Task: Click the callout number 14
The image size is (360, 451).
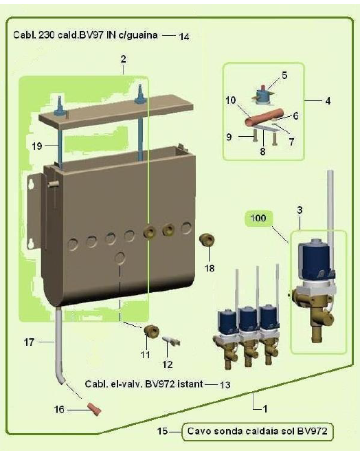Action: pyautogui.click(x=184, y=36)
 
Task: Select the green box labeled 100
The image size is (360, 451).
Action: pyautogui.click(x=258, y=219)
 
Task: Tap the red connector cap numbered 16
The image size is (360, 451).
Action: pyautogui.click(x=94, y=408)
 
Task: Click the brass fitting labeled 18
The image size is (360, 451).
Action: pyautogui.click(x=207, y=239)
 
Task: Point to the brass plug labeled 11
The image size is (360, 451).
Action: pyautogui.click(x=151, y=331)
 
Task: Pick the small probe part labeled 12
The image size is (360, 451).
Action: pyautogui.click(x=172, y=341)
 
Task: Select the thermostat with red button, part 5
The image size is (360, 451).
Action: pyautogui.click(x=262, y=93)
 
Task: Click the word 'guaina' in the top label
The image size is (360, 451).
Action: pyautogui.click(x=142, y=35)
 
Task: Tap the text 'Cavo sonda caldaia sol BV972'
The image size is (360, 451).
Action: pyautogui.click(x=258, y=431)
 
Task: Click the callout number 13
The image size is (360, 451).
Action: pyautogui.click(x=225, y=384)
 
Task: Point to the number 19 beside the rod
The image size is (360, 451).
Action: pyautogui.click(x=37, y=146)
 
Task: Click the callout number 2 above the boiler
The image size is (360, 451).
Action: pyautogui.click(x=123, y=59)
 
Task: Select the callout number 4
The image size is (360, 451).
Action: pyautogui.click(x=328, y=101)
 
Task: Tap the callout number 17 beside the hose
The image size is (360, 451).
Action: pyautogui.click(x=29, y=342)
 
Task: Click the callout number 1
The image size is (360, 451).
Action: pyautogui.click(x=265, y=408)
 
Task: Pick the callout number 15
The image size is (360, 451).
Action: pyautogui.click(x=162, y=431)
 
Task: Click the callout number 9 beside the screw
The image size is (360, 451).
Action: pyautogui.click(x=229, y=137)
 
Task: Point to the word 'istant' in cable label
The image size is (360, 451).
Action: pyautogui.click(x=190, y=384)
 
